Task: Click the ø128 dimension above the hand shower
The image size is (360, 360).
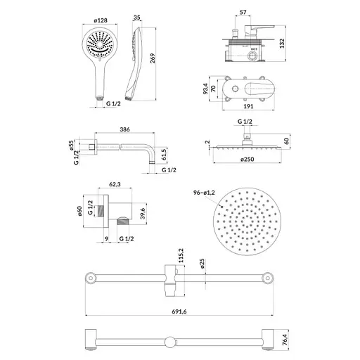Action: [101, 20]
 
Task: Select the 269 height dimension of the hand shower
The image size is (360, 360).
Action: [153, 58]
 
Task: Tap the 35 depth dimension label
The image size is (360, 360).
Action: [136, 18]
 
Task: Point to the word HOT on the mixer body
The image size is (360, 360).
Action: [254, 49]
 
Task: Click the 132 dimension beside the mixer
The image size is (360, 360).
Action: [282, 44]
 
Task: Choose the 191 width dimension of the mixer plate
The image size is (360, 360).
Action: [248, 106]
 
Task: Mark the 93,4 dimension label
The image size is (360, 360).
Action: [205, 89]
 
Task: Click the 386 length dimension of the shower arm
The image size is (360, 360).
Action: [124, 129]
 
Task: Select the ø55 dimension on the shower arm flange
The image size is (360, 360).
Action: [71, 145]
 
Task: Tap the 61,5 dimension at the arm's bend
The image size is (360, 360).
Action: [164, 154]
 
